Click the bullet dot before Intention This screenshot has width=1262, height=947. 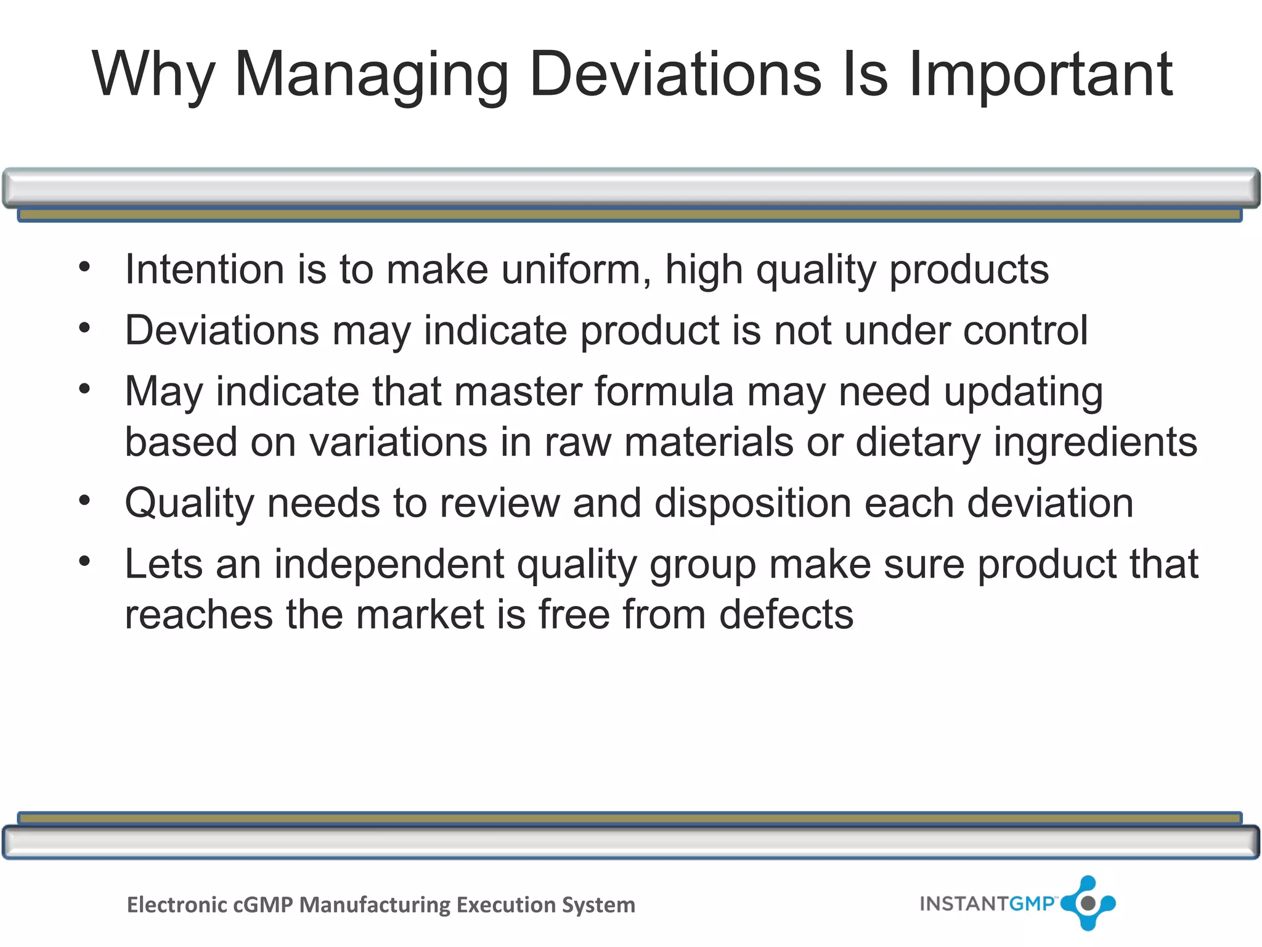(85, 267)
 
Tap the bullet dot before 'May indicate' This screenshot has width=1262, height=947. (85, 389)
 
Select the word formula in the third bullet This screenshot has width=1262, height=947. (664, 392)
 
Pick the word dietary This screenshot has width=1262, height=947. (918, 443)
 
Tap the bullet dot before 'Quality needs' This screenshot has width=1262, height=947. (85, 500)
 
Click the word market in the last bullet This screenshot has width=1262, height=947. (420, 615)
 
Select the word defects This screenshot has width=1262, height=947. (786, 615)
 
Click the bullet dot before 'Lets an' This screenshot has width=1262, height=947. (85, 561)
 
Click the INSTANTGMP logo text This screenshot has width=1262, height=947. (987, 904)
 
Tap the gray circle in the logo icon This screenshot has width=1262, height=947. (1088, 903)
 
